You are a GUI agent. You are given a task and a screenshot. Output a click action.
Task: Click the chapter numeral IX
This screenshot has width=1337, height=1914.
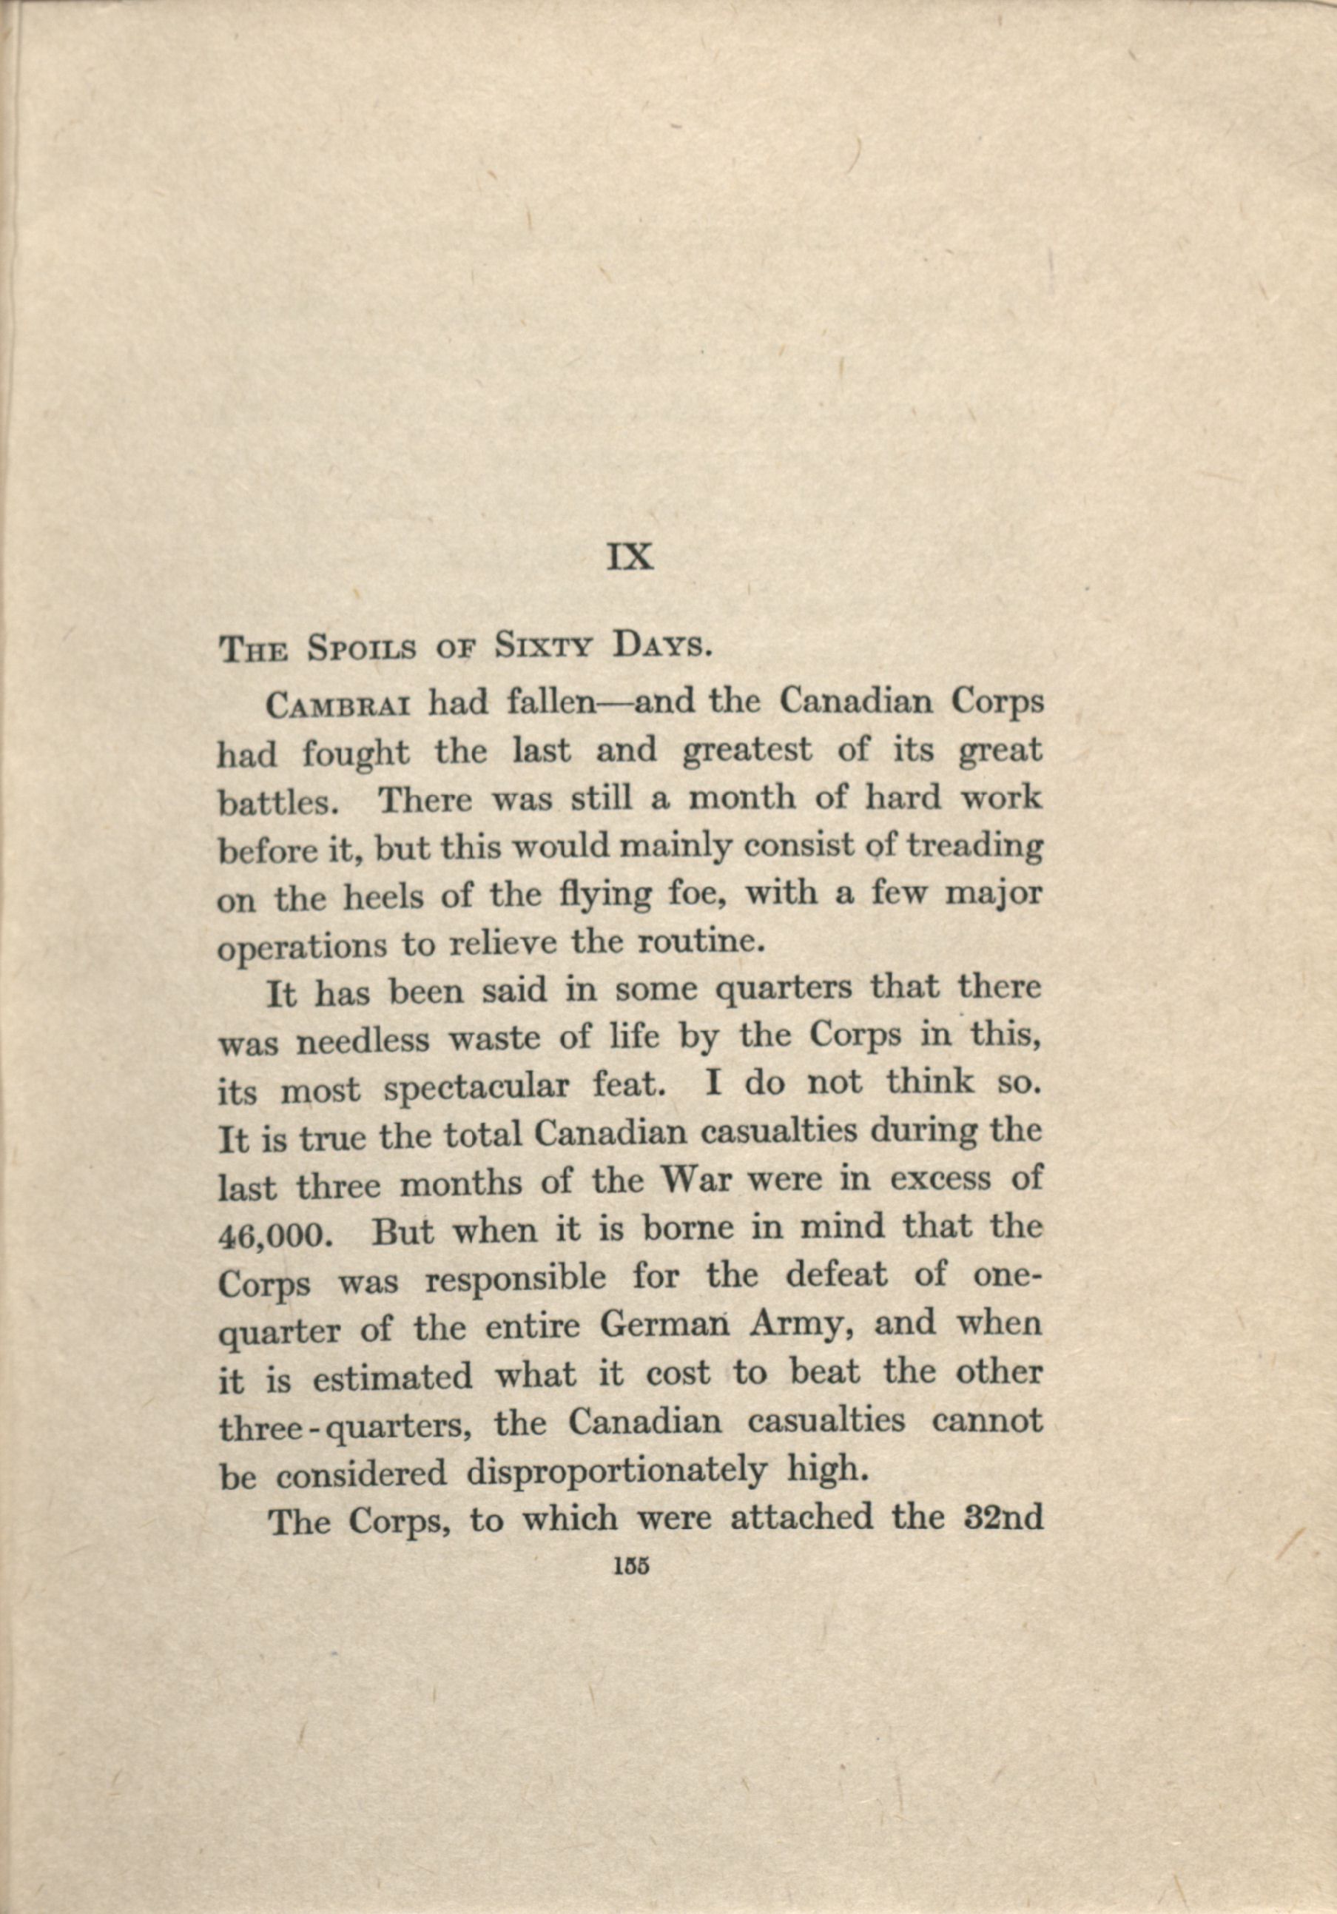(631, 557)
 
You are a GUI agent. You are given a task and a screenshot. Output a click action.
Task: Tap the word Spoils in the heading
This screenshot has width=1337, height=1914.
(362, 651)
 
